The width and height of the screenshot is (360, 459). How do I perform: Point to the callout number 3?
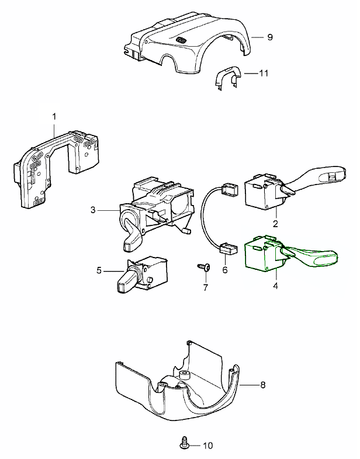[x=93, y=209]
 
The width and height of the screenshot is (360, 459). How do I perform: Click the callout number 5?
[x=99, y=270]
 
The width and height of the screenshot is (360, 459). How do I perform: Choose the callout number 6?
[x=224, y=270]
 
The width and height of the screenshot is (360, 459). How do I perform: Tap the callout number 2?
[x=275, y=224]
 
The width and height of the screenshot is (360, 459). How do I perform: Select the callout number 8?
[x=262, y=385]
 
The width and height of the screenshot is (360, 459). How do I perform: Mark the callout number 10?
[x=207, y=446]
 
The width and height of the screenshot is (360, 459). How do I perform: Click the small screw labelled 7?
[x=205, y=267]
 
